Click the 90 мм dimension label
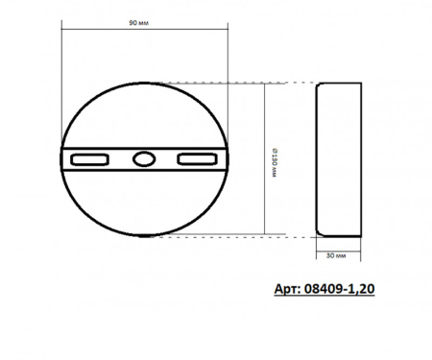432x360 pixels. point(146,20)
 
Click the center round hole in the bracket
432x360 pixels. point(144,158)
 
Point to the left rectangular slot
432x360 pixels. point(92,158)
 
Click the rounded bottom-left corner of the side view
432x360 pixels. point(321,230)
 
